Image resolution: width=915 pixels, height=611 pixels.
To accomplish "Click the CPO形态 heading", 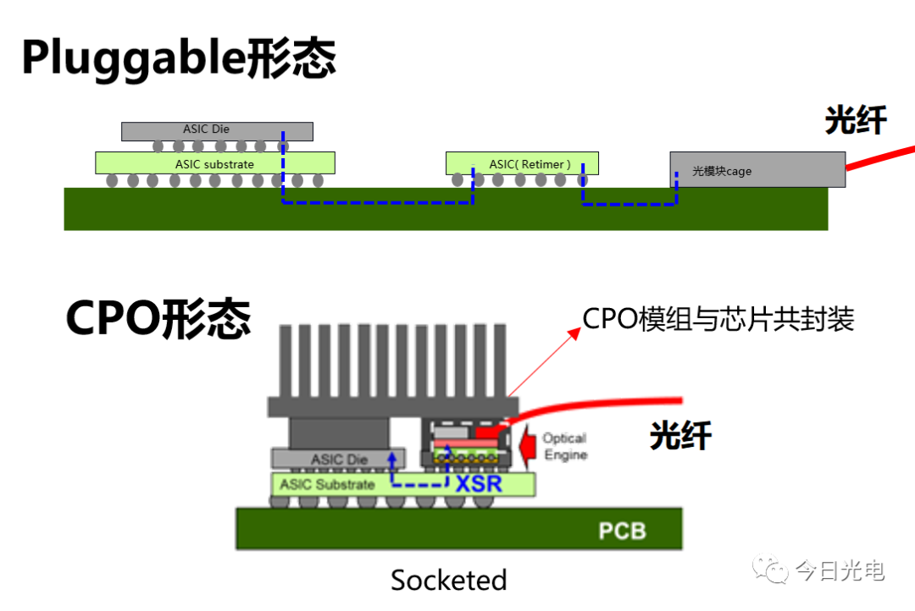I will point(158,319).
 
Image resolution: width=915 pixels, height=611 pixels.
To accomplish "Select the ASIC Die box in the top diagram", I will point(216,130).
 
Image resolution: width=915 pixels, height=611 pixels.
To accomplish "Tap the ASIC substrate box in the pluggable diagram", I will point(214,162).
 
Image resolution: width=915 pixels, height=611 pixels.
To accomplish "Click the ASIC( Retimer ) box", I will point(522,162).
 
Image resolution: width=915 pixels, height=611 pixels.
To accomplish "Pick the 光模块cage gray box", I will point(757,169).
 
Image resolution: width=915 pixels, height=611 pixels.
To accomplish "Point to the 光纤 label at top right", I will point(856,121).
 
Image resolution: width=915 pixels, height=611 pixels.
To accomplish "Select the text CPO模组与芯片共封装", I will point(718,319).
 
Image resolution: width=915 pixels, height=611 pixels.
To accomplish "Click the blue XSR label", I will point(479,485).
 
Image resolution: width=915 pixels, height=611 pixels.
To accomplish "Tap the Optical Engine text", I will point(565,446).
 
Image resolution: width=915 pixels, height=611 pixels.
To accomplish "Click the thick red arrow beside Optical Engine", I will point(527,447).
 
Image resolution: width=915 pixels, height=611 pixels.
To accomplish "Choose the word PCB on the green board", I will point(622,531).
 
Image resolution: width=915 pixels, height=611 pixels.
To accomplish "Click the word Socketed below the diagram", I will point(448,580).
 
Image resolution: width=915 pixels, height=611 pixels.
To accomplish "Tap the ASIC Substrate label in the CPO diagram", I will point(327,484).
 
